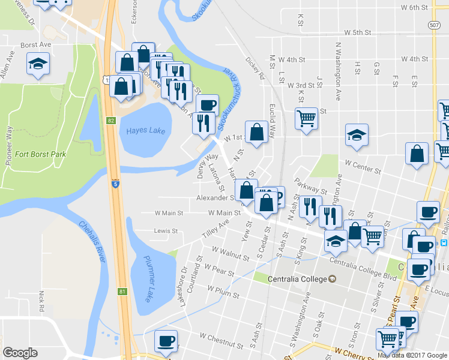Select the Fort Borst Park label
click(40, 154)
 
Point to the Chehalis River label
click(92, 241)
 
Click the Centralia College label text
click(291, 279)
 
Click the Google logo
click(20, 353)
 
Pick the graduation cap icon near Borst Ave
click(37, 64)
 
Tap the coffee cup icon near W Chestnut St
click(166, 341)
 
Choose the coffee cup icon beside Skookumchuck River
click(208, 106)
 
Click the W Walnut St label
click(231, 255)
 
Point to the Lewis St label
click(166, 230)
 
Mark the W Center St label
click(363, 166)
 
